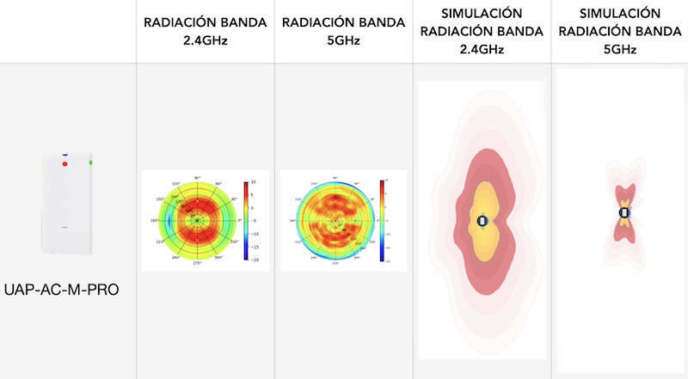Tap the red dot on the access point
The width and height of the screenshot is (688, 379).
point(64,163)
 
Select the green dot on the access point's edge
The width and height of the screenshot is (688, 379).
point(90,161)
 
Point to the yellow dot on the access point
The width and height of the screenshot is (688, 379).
point(41,161)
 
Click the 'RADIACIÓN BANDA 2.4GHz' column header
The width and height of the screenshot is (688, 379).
point(205,31)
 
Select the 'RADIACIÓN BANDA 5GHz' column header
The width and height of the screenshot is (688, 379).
point(343,31)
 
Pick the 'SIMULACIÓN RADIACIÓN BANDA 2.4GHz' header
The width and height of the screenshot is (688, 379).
point(481,31)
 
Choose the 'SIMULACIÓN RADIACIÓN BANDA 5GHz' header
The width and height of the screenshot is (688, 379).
point(619,31)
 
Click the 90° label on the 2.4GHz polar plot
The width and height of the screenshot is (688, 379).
point(197,177)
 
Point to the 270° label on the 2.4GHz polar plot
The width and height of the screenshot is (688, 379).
point(197,264)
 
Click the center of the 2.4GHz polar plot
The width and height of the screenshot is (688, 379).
point(197,220)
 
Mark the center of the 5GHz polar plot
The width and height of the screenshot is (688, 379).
point(335,220)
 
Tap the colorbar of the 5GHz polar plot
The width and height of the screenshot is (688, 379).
point(381,220)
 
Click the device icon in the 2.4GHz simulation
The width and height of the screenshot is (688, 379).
point(482,222)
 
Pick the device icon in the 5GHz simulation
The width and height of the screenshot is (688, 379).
point(625,212)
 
